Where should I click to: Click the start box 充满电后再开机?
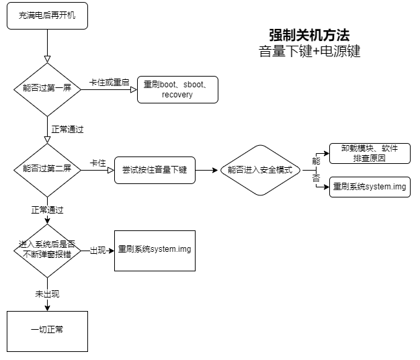(x=47, y=16)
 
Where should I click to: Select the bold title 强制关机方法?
(x=309, y=35)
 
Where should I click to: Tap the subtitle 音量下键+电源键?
(x=309, y=52)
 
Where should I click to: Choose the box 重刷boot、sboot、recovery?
(x=177, y=89)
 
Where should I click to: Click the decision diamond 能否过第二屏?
(x=47, y=170)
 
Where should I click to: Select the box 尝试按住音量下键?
(x=155, y=170)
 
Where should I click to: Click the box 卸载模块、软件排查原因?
(x=370, y=154)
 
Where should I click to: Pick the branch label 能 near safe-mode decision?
(x=315, y=161)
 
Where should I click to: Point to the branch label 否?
(x=315, y=178)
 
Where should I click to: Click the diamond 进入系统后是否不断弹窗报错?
(x=47, y=251)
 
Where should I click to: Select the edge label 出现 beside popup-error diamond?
(x=98, y=251)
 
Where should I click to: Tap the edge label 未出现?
(x=47, y=294)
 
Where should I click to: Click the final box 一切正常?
(x=47, y=331)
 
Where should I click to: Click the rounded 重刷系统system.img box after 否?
(x=370, y=186)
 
